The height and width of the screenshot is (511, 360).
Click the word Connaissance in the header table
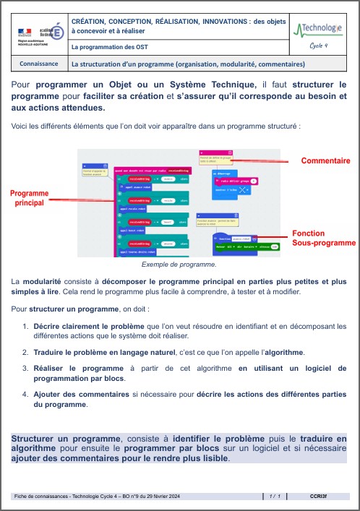pos(40,64)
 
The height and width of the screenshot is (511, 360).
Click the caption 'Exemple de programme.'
pos(179,265)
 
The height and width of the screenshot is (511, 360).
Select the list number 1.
pos(26,326)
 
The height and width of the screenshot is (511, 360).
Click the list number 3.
pos(26,368)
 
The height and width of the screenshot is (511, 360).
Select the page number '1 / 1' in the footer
pos(275,497)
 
